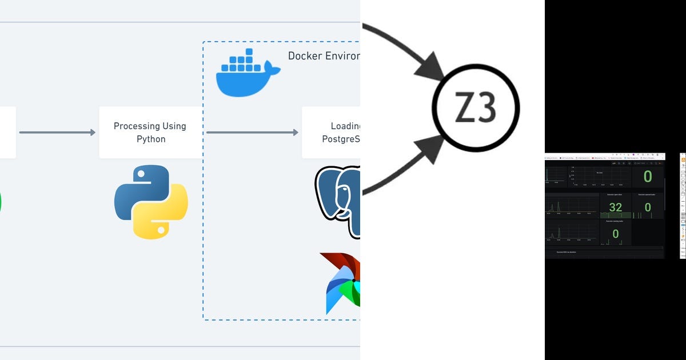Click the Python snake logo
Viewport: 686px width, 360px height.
click(x=150, y=201)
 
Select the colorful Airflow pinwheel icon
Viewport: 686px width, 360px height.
click(x=342, y=283)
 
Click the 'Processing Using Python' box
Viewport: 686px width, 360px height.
click(x=150, y=132)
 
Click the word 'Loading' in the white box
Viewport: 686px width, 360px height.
click(x=345, y=126)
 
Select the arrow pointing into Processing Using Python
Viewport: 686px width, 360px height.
click(x=57, y=133)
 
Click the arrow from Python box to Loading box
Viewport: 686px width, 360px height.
click(x=252, y=133)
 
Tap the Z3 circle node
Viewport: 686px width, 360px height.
click(x=475, y=107)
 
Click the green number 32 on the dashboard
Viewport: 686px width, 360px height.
click(x=615, y=207)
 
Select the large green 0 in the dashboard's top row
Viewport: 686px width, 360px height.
click(x=647, y=176)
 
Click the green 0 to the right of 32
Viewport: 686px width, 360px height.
click(x=647, y=207)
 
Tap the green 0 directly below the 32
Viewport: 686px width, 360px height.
click(x=615, y=233)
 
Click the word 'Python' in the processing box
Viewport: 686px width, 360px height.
click(x=150, y=139)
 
